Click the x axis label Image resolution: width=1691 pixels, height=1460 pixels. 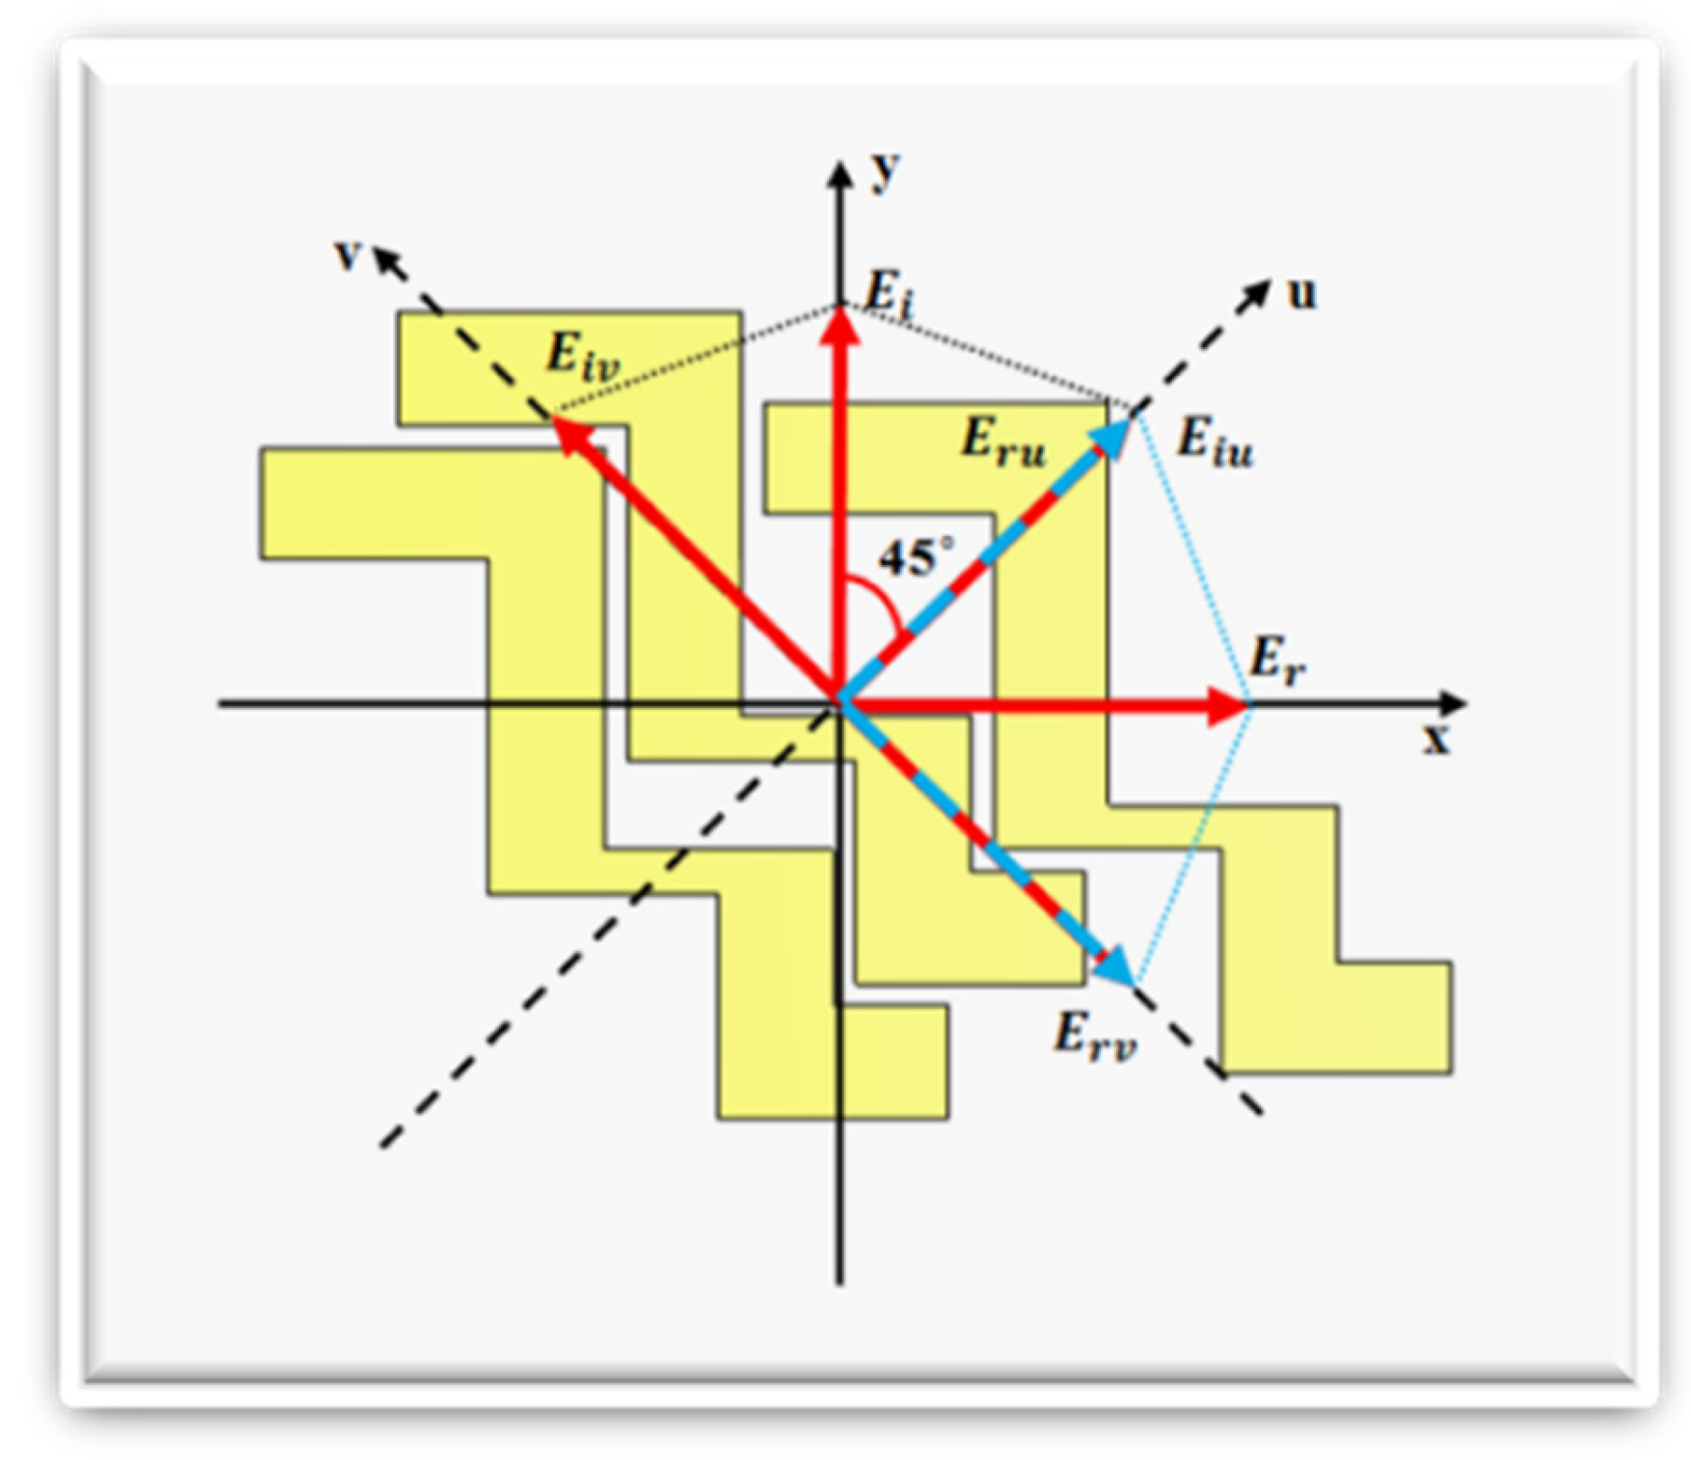point(1436,739)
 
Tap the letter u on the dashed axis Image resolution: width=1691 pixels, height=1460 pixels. point(1301,294)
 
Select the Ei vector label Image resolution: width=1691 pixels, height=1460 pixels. point(889,295)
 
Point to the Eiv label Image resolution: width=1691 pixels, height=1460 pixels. point(583,356)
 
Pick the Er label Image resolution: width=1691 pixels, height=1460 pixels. point(1275,659)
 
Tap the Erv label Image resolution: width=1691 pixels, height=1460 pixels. point(1094,1035)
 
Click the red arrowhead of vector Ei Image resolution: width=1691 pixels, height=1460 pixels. point(841,325)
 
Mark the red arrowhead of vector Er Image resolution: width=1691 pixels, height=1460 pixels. point(1229,705)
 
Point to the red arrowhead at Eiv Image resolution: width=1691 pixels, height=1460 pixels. point(569,434)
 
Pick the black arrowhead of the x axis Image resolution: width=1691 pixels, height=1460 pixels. point(1452,703)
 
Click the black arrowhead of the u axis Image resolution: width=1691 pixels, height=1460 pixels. point(1258,292)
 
